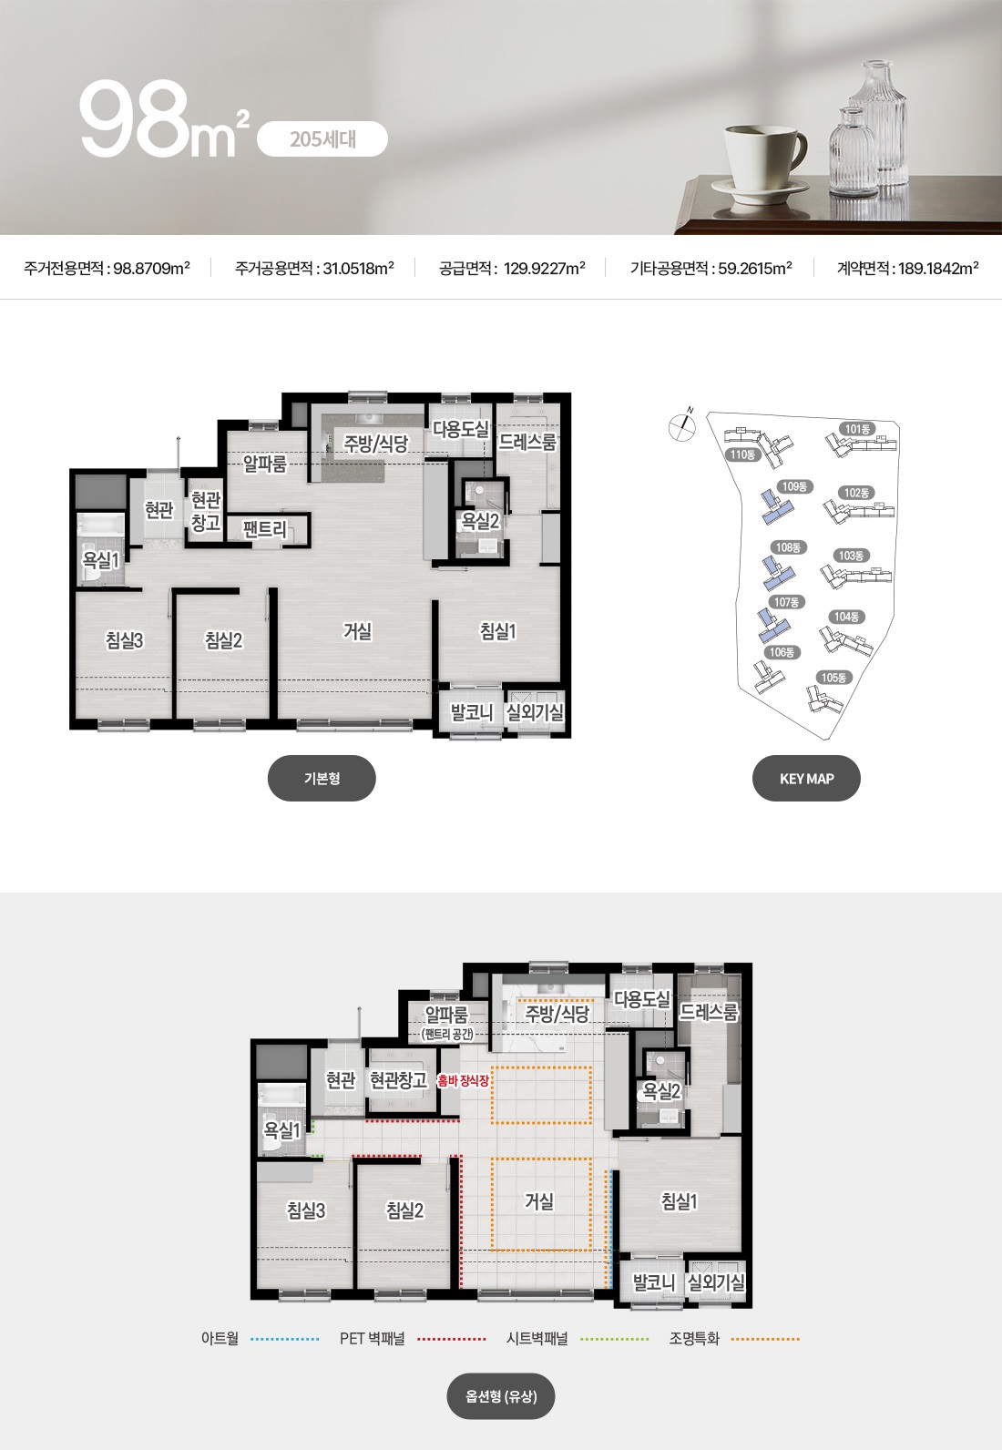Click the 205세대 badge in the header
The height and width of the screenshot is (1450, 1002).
tap(322, 139)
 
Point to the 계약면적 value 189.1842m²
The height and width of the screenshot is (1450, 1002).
tap(938, 268)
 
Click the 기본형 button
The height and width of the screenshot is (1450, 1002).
tap(322, 778)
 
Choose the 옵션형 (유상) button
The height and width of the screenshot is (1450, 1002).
tap(501, 1396)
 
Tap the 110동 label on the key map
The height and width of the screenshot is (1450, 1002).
tap(742, 454)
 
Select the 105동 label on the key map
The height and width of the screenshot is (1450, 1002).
tap(833, 677)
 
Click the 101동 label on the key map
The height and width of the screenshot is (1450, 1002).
tap(857, 428)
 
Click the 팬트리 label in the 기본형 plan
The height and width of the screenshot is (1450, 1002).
tap(265, 529)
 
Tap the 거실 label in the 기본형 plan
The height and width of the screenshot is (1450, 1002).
tap(357, 630)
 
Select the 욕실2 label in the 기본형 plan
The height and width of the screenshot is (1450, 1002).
tap(480, 521)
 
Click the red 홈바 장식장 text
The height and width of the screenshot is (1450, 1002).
tap(464, 1080)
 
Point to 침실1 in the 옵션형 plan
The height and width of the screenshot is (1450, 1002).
tap(679, 1201)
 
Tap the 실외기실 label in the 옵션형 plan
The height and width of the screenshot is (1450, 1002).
tap(715, 1282)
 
